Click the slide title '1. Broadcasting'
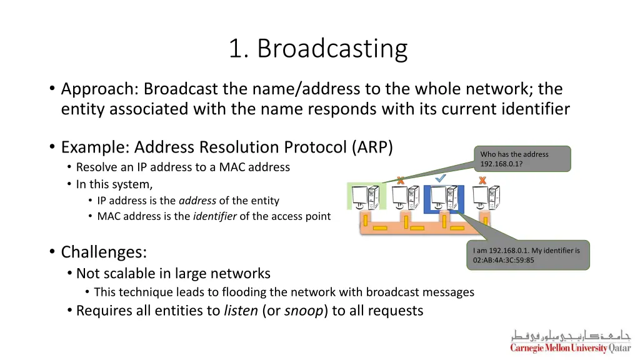click(318, 49)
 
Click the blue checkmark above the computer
click(441, 179)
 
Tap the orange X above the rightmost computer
click(482, 180)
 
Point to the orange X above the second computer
click(400, 180)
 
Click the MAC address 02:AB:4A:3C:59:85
click(504, 260)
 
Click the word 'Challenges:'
click(104, 252)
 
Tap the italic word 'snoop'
click(303, 311)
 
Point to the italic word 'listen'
click(241, 311)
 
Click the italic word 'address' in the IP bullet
click(197, 201)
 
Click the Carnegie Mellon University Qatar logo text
click(570, 348)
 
